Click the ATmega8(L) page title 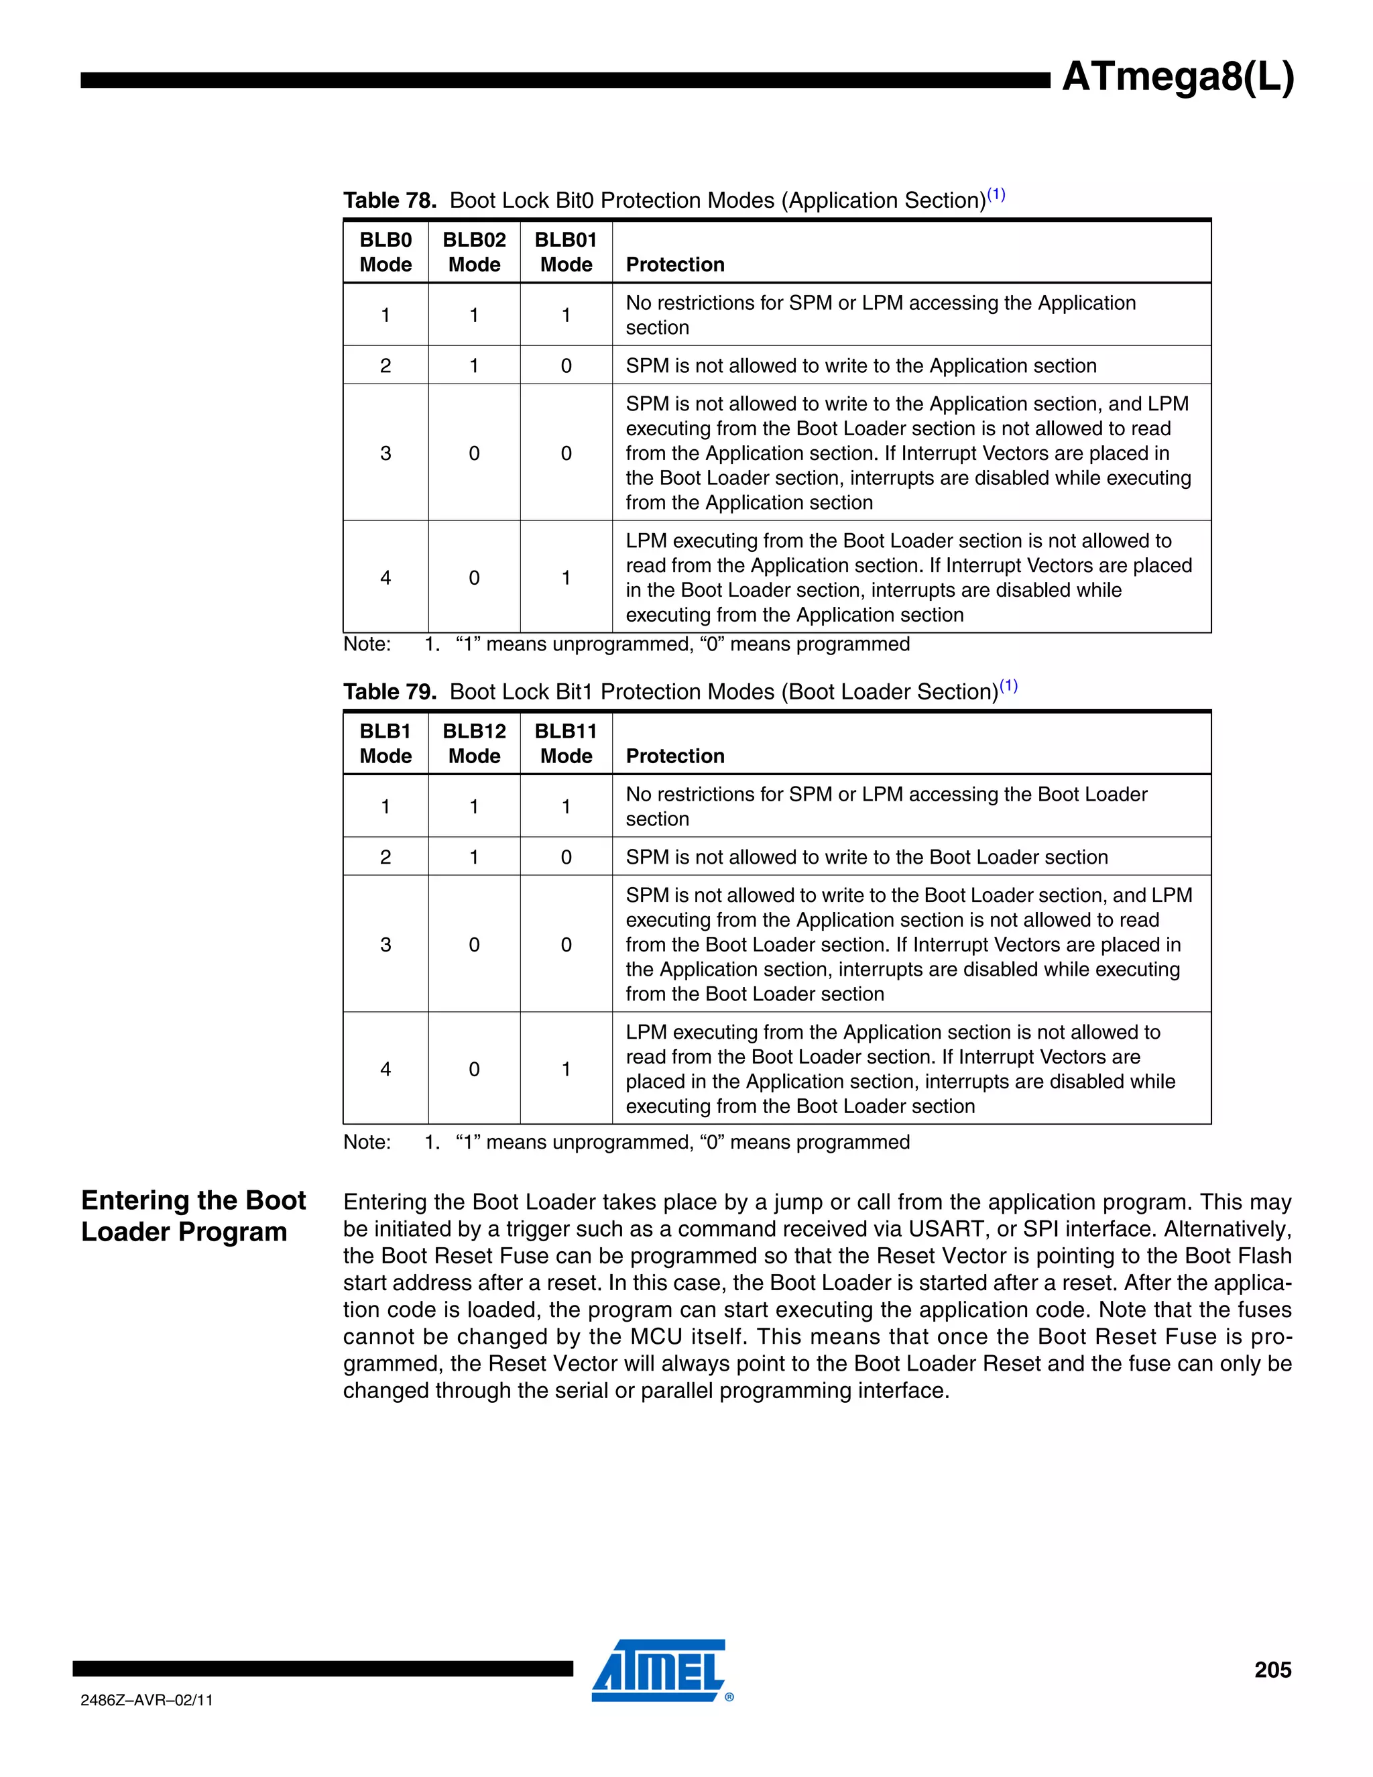(x=1177, y=78)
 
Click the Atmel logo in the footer (x=660, y=1670)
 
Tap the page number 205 (x=1272, y=1670)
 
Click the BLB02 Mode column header (x=474, y=252)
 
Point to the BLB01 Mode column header (x=566, y=252)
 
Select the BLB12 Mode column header (x=474, y=744)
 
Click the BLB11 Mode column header (x=566, y=744)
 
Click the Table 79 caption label (x=390, y=691)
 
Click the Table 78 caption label (x=390, y=200)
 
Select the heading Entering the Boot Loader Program (x=194, y=1216)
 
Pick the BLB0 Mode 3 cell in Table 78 (x=385, y=453)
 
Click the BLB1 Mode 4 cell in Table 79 (x=385, y=1069)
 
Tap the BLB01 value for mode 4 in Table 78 (x=566, y=577)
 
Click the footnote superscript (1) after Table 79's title (x=1008, y=685)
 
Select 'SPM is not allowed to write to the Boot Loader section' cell (x=866, y=857)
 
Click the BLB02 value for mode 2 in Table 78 (x=474, y=365)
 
